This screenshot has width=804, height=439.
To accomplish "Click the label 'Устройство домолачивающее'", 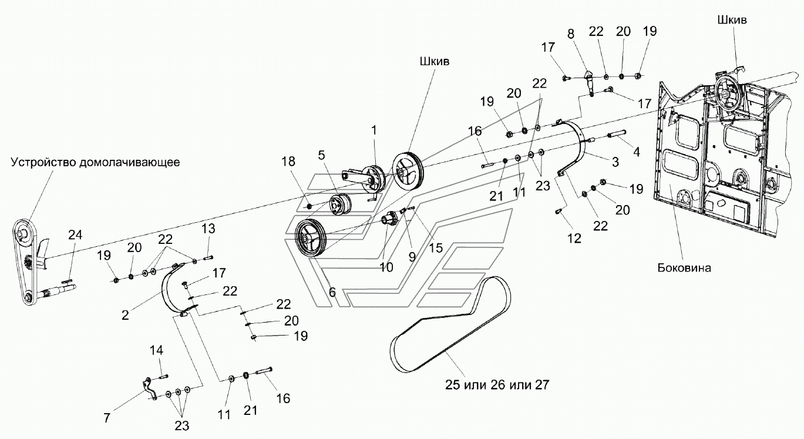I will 95,163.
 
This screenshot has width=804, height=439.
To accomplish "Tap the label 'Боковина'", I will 684,268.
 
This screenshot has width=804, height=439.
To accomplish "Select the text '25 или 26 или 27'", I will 497,385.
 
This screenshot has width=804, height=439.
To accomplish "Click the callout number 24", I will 75,234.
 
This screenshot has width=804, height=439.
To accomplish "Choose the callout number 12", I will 574,238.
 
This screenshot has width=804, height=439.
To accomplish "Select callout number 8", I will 570,33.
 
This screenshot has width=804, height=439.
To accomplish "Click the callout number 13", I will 208,228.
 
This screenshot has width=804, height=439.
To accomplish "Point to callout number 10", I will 386,267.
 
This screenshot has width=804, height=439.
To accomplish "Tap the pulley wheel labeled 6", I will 311,238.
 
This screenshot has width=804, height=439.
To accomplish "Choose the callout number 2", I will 125,315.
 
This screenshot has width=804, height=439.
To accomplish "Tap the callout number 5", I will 322,155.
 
